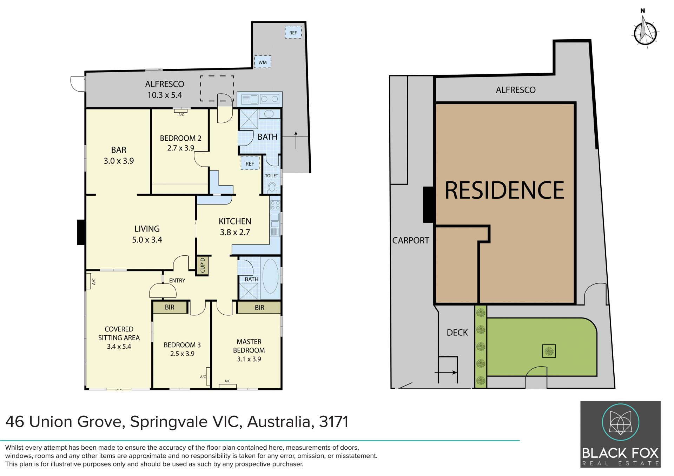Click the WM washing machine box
coord(263,62)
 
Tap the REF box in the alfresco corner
coord(293,33)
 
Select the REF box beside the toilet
coord(250,163)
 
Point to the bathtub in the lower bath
coord(270,276)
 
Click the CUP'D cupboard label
coord(203,265)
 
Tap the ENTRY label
coord(177,281)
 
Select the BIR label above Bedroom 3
coord(170,307)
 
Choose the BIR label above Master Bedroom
coord(259,308)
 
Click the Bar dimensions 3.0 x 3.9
coord(119,161)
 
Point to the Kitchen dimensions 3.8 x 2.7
coord(235,232)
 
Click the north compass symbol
coord(645,32)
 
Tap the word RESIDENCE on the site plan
coord(504,190)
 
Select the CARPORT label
coord(411,240)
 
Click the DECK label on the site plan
coord(457,333)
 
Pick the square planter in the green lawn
coord(549,351)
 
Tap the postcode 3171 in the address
coord(333,422)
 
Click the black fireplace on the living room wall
coord(81,232)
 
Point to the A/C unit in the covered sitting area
coord(88,281)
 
